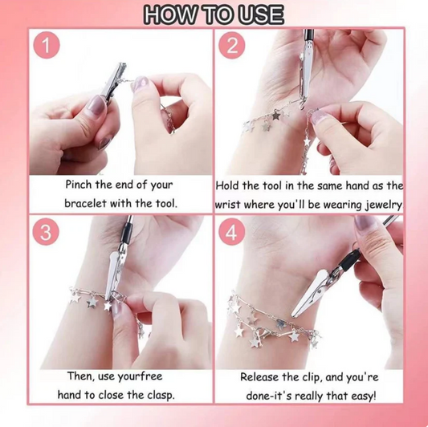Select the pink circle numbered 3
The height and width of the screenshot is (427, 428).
click(47, 233)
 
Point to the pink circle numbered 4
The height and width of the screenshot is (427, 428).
click(233, 234)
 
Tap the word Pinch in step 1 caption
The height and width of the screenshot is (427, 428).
click(82, 185)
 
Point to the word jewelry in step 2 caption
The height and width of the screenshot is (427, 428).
click(379, 204)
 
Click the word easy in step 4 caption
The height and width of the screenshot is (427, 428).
click(358, 395)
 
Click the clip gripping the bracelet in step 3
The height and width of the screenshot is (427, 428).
click(112, 273)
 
